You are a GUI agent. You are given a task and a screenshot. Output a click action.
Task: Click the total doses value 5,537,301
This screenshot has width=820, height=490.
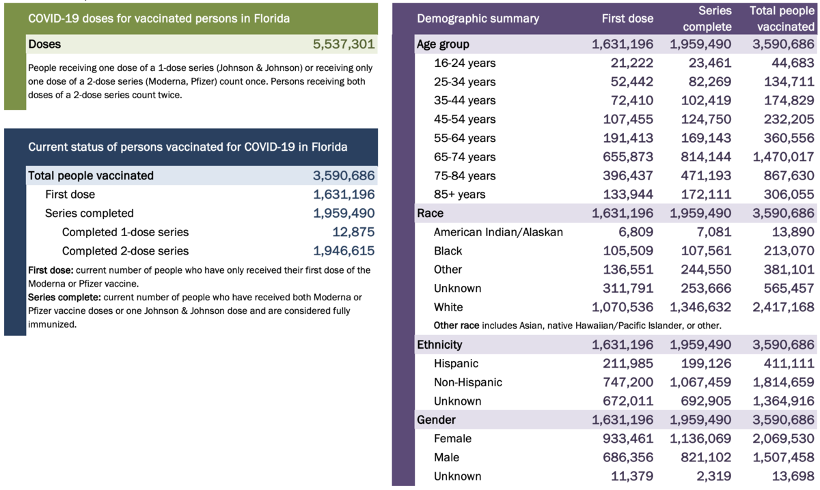344,44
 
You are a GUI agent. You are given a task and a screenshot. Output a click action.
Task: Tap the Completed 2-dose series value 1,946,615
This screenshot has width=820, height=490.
344,251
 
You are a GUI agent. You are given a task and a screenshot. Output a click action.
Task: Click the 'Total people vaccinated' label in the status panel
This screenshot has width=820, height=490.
91,175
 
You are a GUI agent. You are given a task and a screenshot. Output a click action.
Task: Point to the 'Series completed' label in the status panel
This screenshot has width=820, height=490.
90,213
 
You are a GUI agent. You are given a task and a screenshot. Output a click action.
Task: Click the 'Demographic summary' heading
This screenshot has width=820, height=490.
478,18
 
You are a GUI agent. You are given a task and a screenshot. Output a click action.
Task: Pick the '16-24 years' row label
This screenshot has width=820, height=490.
465,63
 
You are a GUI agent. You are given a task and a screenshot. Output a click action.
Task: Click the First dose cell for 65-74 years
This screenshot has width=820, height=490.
624,157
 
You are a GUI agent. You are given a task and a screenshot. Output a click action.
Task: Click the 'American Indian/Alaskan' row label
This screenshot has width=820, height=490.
498,232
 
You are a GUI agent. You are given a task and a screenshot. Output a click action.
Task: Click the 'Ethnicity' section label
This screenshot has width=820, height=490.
439,345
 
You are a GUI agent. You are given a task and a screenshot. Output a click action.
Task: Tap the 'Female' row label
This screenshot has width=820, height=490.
452,439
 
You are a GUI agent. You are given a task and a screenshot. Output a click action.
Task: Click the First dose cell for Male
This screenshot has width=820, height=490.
624,457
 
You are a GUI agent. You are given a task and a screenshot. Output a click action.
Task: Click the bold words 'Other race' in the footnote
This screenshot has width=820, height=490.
457,326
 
